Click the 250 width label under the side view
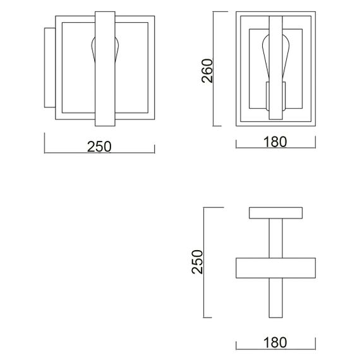(x=99, y=146)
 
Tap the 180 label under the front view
(x=275, y=141)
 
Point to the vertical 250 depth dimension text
(x=198, y=261)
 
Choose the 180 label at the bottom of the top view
(x=275, y=342)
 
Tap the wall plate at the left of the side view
(x=50, y=68)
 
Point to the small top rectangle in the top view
(x=276, y=213)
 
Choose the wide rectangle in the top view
(x=276, y=268)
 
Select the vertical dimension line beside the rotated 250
(x=205, y=262)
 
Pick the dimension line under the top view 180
(x=275, y=349)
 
